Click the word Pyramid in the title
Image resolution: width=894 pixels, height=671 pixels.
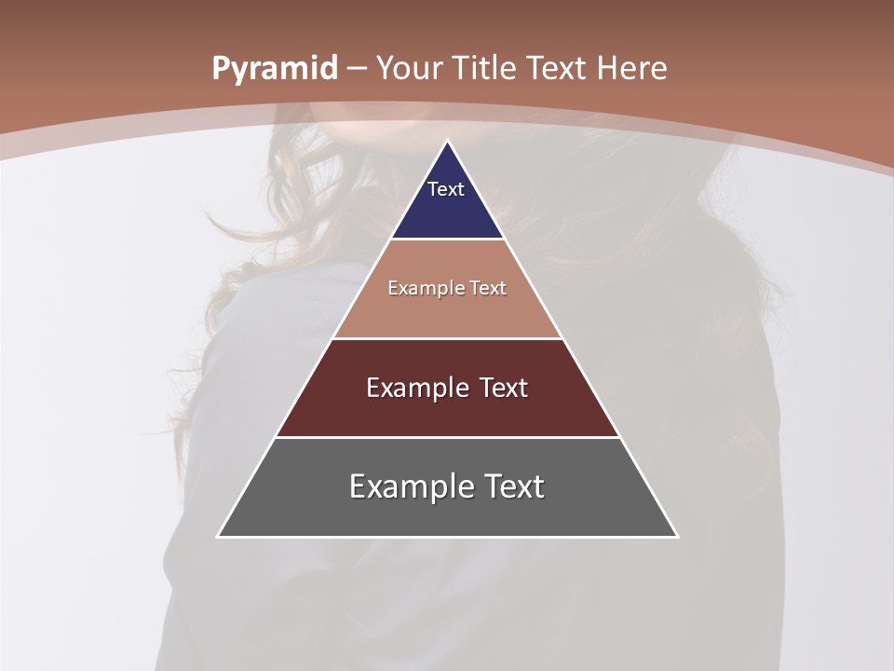tap(274, 69)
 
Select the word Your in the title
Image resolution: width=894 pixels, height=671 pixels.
tap(410, 68)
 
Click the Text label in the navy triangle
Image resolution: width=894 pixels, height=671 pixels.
tap(446, 189)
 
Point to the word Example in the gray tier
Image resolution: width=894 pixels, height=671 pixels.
tap(409, 486)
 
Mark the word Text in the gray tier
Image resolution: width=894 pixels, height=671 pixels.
tap(514, 486)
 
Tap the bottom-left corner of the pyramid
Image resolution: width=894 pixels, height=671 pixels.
tap(219, 536)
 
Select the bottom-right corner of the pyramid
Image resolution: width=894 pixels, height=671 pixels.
tap(676, 536)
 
